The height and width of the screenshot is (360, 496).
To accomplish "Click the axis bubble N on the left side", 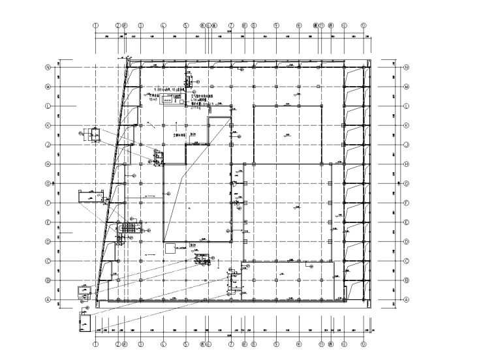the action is coord(48,67).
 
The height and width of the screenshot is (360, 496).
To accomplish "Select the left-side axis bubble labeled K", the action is coord(48,125).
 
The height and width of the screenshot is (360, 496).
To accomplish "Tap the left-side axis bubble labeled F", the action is coord(48,203).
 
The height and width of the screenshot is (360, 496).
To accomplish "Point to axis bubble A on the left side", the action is coord(48,299).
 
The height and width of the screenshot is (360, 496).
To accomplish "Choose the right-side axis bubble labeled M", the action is coord(406,87).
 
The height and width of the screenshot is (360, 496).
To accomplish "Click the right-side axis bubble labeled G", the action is coord(406,183).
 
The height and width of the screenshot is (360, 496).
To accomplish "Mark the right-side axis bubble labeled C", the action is coord(406,261).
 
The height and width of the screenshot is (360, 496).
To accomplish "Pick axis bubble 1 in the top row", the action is coord(96,27).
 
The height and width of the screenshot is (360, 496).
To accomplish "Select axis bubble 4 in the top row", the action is coord(163,27).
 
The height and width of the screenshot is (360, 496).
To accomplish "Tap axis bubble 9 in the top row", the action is coord(276,27).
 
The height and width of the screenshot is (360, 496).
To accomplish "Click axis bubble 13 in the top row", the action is coord(364,27).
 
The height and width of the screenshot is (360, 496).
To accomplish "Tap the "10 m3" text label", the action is coord(154,100).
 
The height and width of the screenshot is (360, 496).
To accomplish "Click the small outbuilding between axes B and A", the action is coord(84,292).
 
